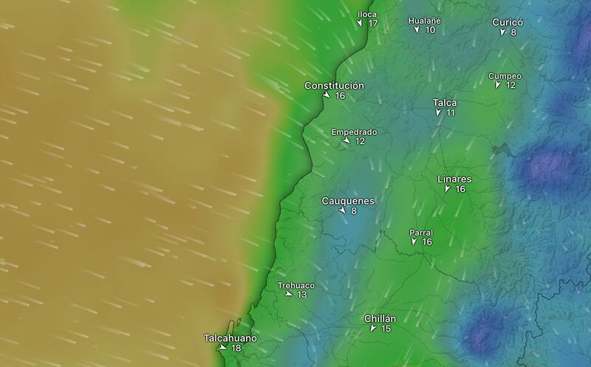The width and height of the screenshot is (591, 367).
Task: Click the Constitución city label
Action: point(335,86)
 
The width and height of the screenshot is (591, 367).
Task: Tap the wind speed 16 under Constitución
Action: point(340,96)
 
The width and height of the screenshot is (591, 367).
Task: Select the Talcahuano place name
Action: point(230,338)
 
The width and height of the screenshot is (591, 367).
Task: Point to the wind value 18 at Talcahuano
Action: point(236,348)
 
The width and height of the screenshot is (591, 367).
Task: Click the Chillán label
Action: point(380,319)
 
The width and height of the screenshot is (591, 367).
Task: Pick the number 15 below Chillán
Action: point(386,329)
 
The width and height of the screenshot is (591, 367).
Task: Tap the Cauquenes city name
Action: point(349,201)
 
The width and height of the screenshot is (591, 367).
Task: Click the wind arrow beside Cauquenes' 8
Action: point(342,211)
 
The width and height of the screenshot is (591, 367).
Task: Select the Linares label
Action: point(454,179)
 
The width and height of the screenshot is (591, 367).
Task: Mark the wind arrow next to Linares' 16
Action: point(448,190)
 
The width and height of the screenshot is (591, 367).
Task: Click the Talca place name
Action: point(445,103)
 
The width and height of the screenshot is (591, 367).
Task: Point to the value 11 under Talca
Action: point(450,113)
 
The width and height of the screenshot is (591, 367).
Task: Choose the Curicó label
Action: point(508,22)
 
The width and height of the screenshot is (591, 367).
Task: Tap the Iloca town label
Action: point(367,14)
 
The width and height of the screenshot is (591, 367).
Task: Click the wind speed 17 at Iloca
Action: point(372,24)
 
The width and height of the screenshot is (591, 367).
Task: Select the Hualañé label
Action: point(425,21)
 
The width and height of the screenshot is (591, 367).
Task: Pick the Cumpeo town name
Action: point(505,76)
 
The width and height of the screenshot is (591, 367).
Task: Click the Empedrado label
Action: point(354,132)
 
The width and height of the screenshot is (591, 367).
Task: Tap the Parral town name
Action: point(421,233)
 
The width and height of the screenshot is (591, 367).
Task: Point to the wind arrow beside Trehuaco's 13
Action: point(289,295)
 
